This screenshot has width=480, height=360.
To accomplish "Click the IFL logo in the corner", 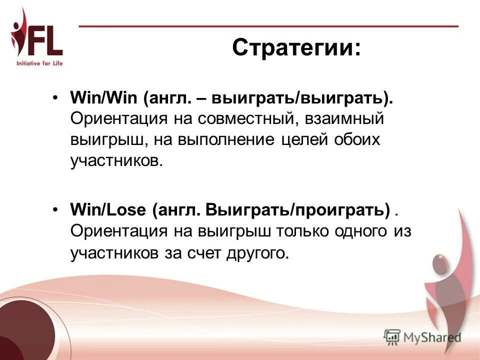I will point(37,37).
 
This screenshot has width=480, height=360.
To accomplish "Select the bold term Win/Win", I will point(104,97).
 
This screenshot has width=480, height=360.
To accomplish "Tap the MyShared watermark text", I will point(432,337).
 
